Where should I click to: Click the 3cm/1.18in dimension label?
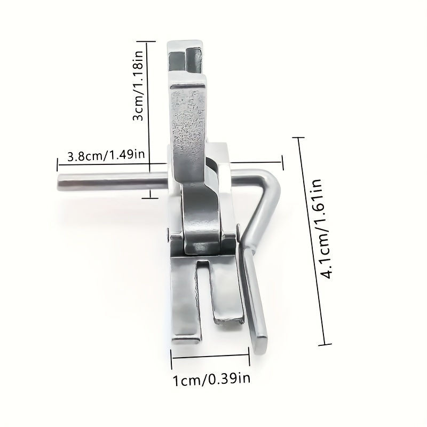tap(138, 85)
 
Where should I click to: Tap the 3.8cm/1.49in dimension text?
tap(106, 155)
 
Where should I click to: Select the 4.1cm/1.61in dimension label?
tap(322, 229)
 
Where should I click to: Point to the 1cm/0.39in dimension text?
tap(211, 379)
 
